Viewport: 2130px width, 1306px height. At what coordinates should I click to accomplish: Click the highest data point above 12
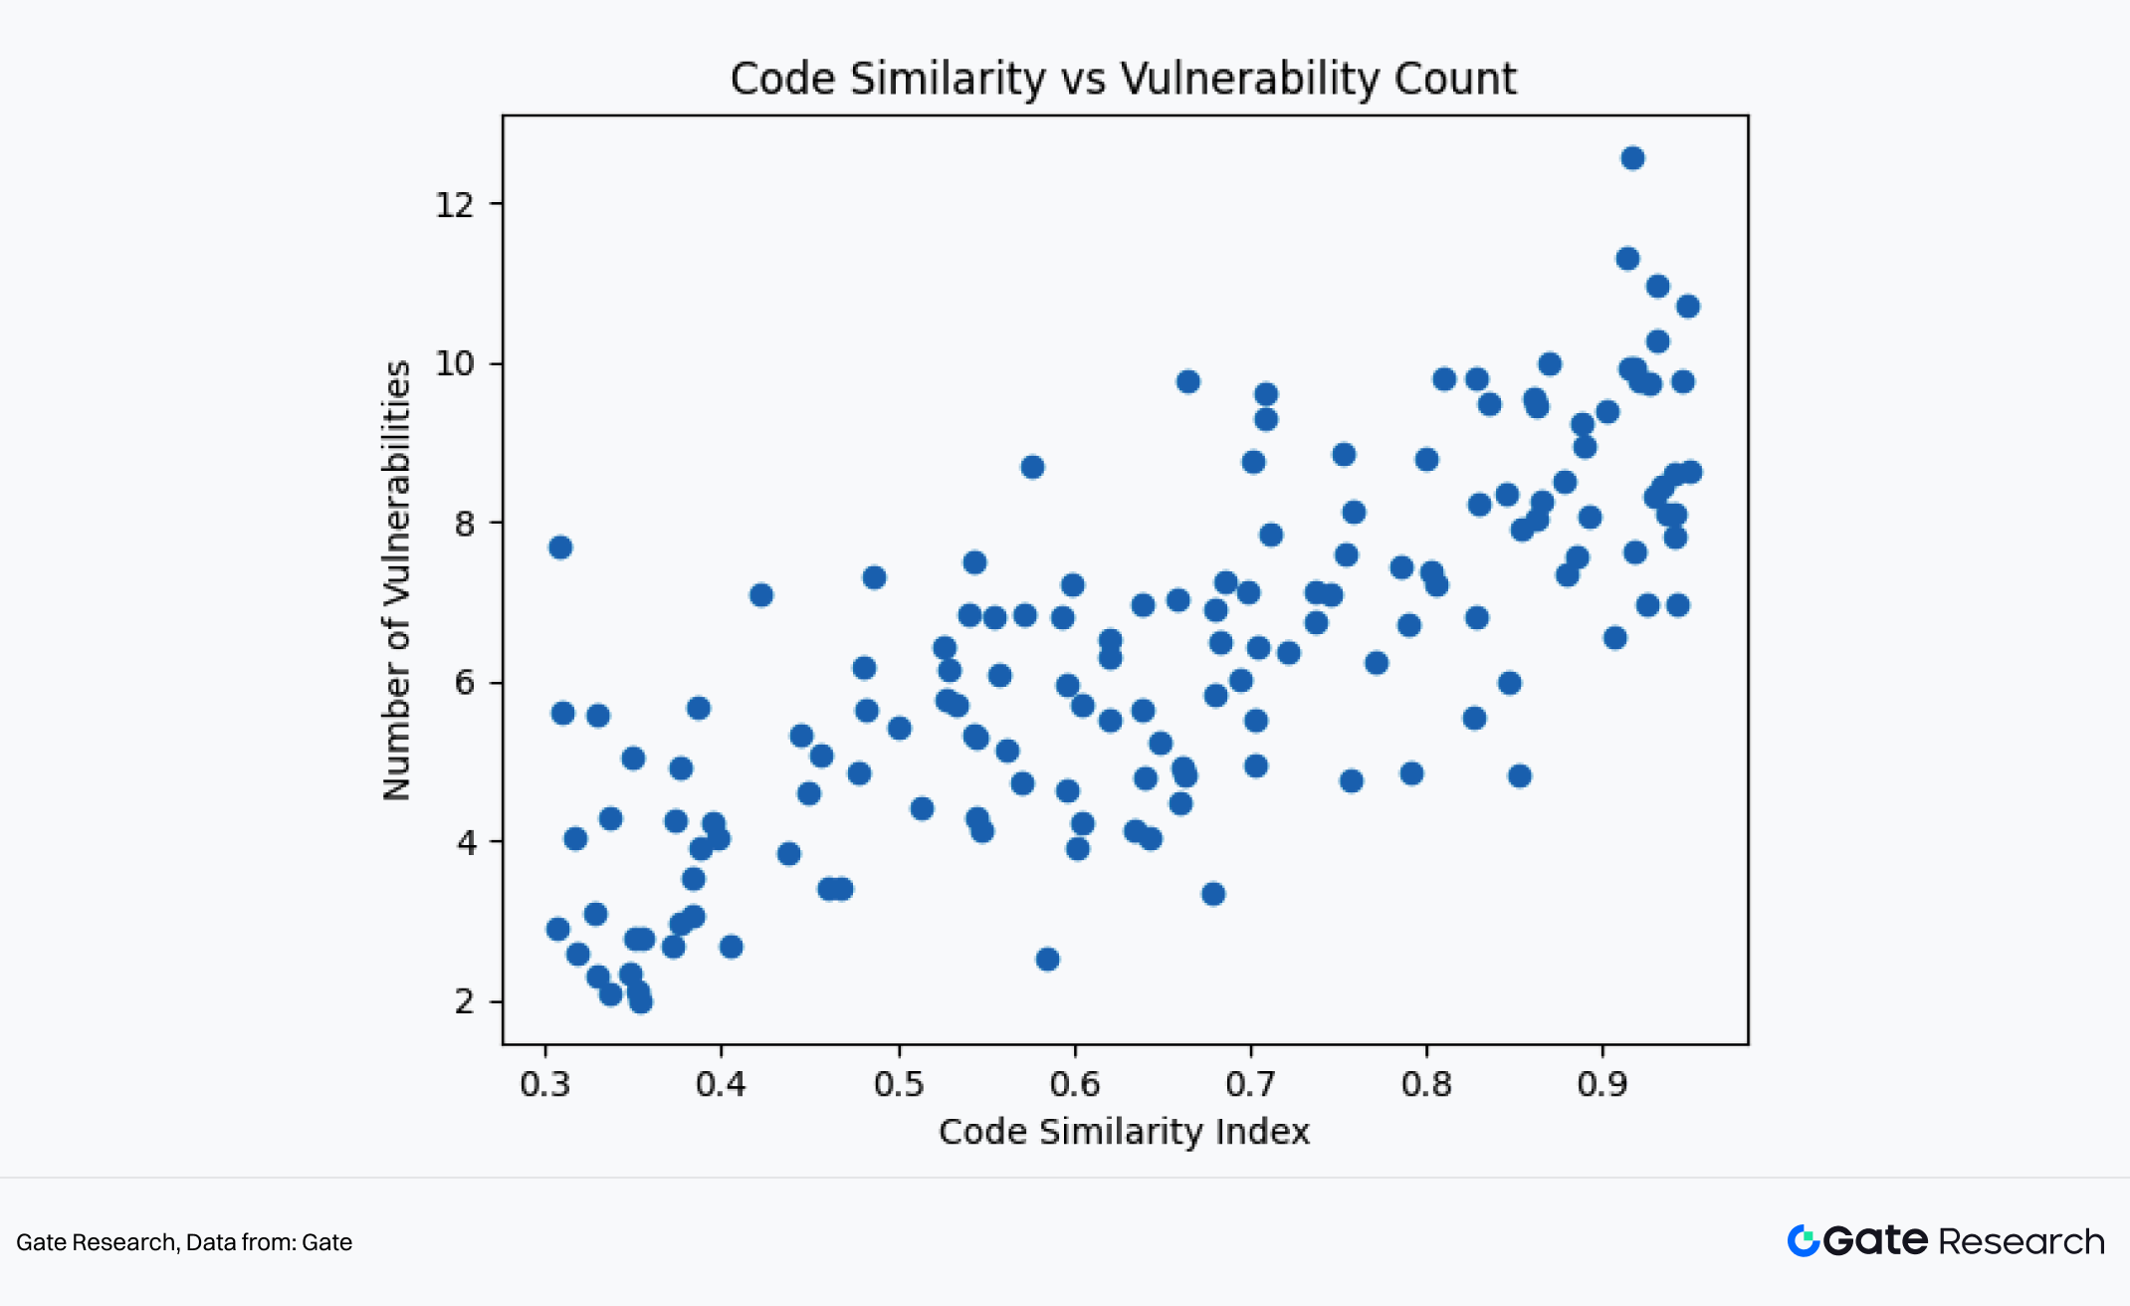pyautogui.click(x=1632, y=158)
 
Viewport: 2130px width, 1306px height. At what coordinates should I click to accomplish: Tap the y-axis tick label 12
pyautogui.click(x=455, y=205)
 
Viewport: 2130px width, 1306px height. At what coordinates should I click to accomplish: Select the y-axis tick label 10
pyautogui.click(x=455, y=364)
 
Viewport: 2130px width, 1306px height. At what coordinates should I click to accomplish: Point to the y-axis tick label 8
pyautogui.click(x=465, y=524)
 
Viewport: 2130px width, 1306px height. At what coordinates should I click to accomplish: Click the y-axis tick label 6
pyautogui.click(x=465, y=683)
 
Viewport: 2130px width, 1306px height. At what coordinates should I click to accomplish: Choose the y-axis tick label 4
pyautogui.click(x=465, y=843)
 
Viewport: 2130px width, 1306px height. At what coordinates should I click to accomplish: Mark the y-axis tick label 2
pyautogui.click(x=465, y=1001)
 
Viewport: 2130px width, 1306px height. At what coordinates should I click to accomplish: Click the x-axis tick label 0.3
pyautogui.click(x=545, y=1084)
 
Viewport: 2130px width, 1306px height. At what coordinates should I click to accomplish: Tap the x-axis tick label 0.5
pyautogui.click(x=899, y=1084)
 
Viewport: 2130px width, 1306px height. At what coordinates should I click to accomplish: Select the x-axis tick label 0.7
pyautogui.click(x=1251, y=1084)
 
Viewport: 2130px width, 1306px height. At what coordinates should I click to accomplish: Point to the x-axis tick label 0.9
pyautogui.click(x=1602, y=1084)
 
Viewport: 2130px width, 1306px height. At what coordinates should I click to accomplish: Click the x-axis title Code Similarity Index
pyautogui.click(x=1124, y=1132)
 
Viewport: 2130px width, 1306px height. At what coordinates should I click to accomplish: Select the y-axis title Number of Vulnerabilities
pyautogui.click(x=397, y=580)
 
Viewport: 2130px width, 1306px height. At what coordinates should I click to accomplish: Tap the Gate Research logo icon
pyautogui.click(x=1804, y=1241)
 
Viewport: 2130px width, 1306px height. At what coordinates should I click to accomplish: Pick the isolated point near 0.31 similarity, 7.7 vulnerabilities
pyautogui.click(x=560, y=547)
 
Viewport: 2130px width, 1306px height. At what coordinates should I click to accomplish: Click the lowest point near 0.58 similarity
pyautogui.click(x=1047, y=960)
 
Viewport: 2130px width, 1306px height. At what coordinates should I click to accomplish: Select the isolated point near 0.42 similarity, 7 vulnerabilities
pyautogui.click(x=761, y=595)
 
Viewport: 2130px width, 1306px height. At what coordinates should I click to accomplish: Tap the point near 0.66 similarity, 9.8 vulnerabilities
pyautogui.click(x=1187, y=382)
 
